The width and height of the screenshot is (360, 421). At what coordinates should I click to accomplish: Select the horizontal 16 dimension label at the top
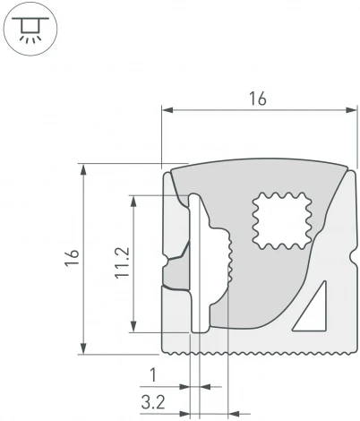pyautogui.click(x=257, y=99)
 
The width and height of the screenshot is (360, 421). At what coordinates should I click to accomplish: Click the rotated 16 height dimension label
pyautogui.click(x=73, y=258)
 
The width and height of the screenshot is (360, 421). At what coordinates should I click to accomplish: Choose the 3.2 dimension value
pyautogui.click(x=153, y=400)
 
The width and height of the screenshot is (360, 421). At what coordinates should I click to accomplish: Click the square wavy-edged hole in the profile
pyautogui.click(x=281, y=219)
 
